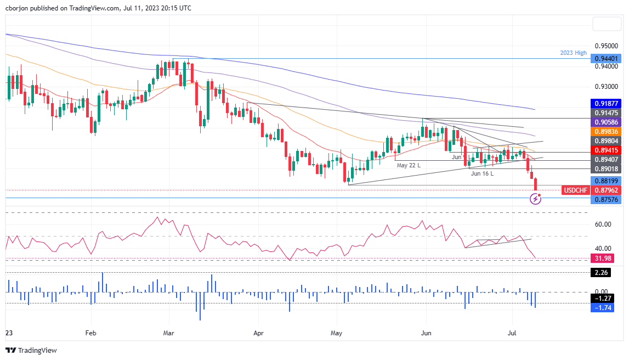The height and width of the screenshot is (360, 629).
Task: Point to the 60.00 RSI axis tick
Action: tap(603, 240)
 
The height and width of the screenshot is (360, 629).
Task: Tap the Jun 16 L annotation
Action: tap(483, 173)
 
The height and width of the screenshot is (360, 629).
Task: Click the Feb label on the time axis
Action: tap(91, 333)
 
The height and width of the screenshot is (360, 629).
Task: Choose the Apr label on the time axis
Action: tap(256, 333)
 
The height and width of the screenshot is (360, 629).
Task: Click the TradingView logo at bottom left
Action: tap(31, 350)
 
